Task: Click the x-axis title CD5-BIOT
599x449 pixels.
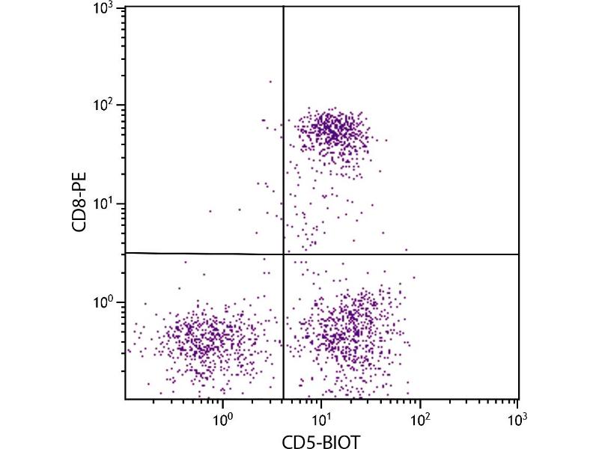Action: (322, 442)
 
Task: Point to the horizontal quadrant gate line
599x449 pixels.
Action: (404, 254)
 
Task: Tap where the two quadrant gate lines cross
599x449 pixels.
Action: (284, 254)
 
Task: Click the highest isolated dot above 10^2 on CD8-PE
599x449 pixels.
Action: (270, 82)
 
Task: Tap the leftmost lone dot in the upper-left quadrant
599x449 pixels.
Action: (210, 211)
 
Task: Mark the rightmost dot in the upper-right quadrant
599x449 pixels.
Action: (407, 250)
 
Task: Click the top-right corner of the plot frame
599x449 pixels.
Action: (519, 6)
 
